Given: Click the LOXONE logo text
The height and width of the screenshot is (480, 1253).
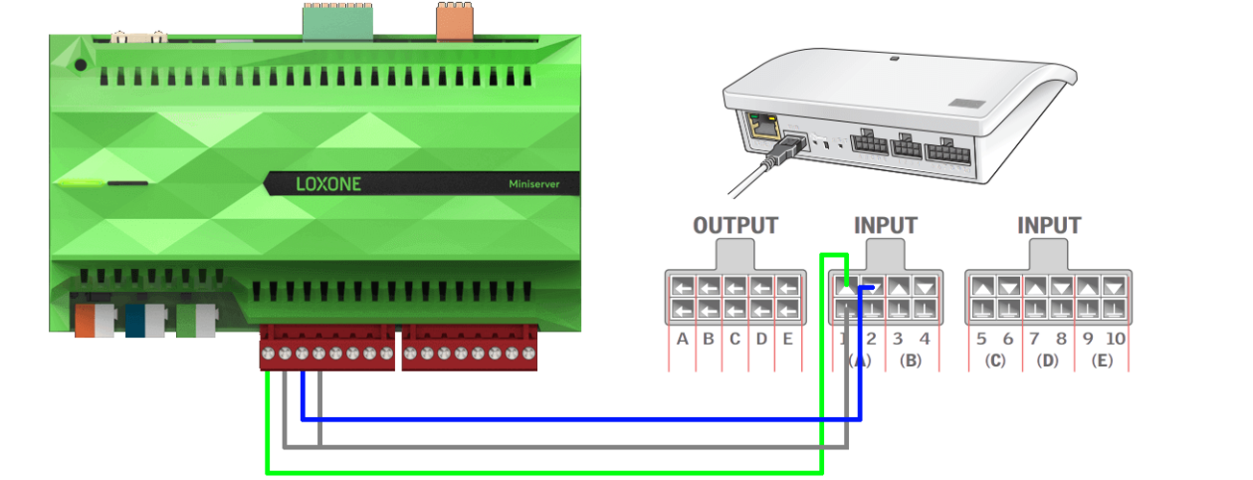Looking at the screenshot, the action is pyautogui.click(x=328, y=184).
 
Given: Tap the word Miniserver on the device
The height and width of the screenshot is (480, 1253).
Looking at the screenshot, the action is pyautogui.click(x=533, y=184).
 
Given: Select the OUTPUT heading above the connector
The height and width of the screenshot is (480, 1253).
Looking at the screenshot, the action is pyautogui.click(x=735, y=225).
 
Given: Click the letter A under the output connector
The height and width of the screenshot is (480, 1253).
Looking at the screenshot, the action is pyautogui.click(x=682, y=339).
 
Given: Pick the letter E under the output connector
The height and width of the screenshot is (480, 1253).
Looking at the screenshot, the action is pyautogui.click(x=787, y=339).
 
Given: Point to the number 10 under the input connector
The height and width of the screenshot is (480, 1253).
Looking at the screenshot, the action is pyautogui.click(x=1116, y=339).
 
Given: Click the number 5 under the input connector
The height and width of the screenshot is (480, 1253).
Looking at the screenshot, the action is pyautogui.click(x=981, y=339).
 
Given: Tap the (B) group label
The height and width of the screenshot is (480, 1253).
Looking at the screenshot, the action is pyautogui.click(x=911, y=360).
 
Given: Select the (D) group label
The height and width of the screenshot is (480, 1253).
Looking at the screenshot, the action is pyautogui.click(x=1047, y=360).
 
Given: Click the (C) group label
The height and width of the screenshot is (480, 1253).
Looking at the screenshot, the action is pyautogui.click(x=995, y=360).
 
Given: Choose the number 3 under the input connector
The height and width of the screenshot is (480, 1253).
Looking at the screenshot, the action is pyautogui.click(x=898, y=339).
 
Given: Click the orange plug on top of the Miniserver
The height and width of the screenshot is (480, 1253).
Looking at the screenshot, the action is pyautogui.click(x=454, y=21).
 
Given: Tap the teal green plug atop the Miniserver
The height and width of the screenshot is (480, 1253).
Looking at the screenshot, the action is pyautogui.click(x=337, y=22).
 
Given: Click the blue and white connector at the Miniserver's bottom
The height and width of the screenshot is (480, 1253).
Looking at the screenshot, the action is pyautogui.click(x=145, y=321).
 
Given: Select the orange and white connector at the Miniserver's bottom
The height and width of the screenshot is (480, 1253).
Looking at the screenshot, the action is pyautogui.click(x=96, y=321).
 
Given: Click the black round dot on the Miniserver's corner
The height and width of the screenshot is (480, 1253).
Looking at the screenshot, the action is pyautogui.click(x=81, y=65).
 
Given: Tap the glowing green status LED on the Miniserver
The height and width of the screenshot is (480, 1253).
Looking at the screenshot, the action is pyautogui.click(x=81, y=182).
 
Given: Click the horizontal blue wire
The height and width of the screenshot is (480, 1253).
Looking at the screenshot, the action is pyautogui.click(x=581, y=419).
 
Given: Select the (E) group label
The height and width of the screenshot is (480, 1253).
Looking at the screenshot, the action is pyautogui.click(x=1102, y=360).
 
